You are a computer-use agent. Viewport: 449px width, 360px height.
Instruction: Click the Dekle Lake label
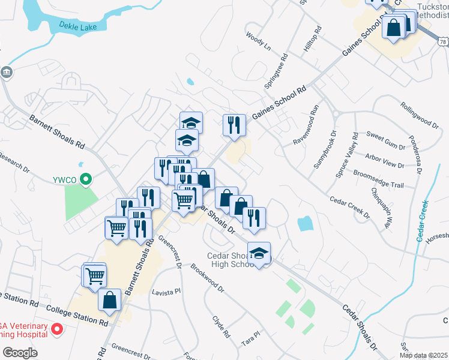click(82, 25)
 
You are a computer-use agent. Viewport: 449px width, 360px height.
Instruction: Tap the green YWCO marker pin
click(86, 178)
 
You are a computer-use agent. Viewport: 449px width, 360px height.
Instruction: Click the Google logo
click(20, 353)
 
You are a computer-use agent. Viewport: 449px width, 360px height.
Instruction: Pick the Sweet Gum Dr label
click(386, 142)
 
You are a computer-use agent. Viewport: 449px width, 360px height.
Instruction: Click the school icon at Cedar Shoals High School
click(259, 253)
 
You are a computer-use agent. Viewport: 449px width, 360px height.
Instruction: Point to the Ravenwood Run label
click(304, 125)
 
